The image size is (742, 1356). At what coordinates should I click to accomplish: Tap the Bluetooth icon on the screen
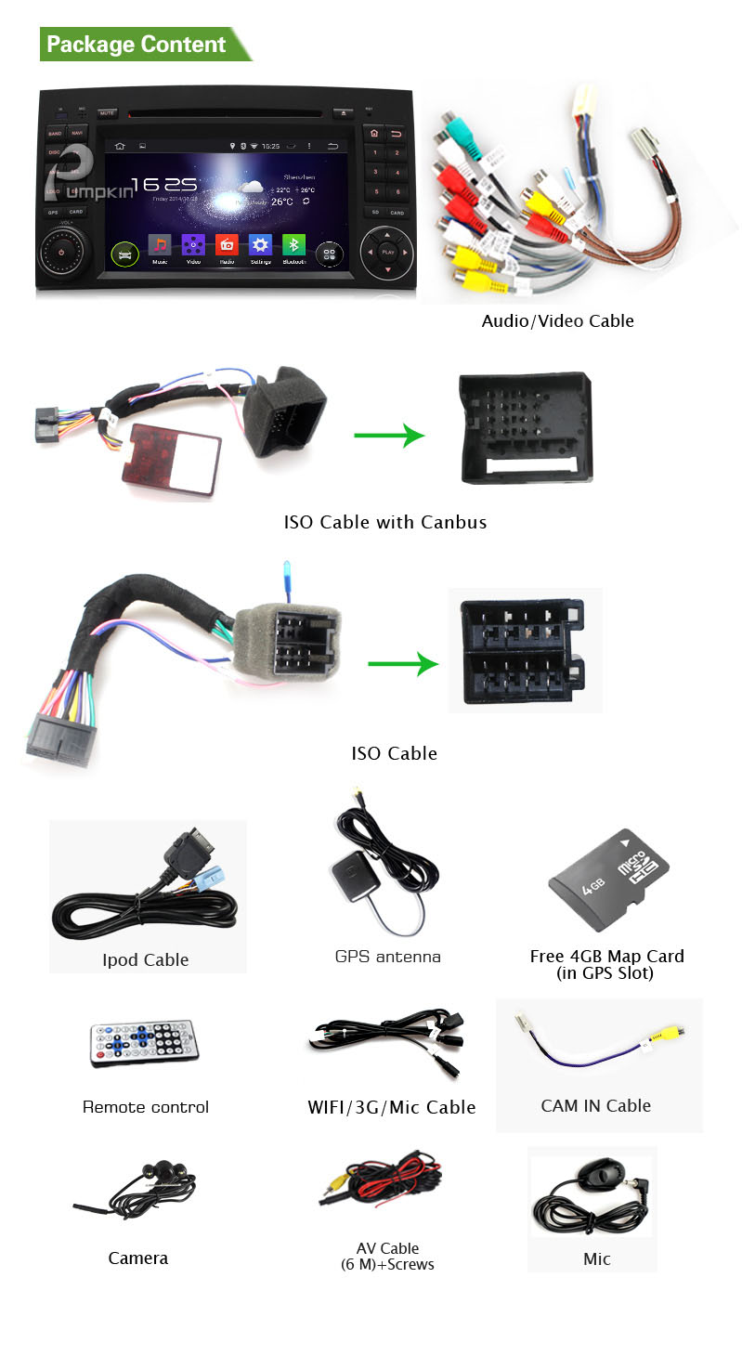tap(293, 245)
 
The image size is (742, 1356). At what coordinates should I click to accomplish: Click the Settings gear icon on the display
tap(260, 245)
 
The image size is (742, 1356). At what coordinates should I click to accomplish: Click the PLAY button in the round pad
tap(387, 252)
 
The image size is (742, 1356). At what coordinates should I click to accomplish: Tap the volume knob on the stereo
tap(61, 252)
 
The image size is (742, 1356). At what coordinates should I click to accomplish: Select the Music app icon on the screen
tap(161, 245)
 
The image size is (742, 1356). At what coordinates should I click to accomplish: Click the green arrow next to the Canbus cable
tap(388, 434)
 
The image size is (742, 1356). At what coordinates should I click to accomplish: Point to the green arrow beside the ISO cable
tap(403, 663)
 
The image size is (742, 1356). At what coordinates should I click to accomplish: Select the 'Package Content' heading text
tap(137, 45)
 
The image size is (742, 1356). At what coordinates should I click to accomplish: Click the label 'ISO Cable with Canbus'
tap(384, 522)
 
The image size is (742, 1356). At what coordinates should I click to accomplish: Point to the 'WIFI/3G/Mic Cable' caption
tap(391, 1107)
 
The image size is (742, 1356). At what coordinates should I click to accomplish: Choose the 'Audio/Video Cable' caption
tap(557, 321)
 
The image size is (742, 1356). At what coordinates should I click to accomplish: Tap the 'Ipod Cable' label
tap(146, 960)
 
